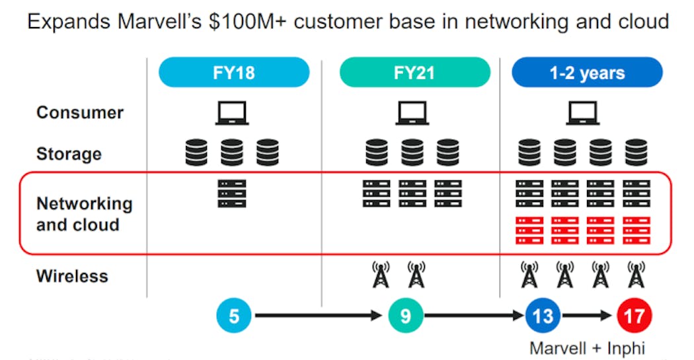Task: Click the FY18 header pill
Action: pos(234,72)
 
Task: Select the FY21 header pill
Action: pos(415,72)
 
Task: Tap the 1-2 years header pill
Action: pos(587,72)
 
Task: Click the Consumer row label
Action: pos(79,112)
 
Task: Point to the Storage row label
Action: pos(69,154)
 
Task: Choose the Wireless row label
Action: pos(72,275)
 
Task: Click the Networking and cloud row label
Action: pos(84,214)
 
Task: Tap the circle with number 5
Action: pos(234,316)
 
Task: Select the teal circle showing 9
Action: pos(405,316)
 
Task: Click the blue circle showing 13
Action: pos(543,316)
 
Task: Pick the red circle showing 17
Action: pos(634,316)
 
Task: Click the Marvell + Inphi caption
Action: pos(588,347)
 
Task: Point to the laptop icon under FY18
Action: pos(231,114)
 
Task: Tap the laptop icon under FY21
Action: pos(412,114)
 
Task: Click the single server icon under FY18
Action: pos(231,194)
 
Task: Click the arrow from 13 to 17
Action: pos(588,316)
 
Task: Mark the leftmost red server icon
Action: pos(529,230)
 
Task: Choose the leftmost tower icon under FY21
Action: pos(381,274)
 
